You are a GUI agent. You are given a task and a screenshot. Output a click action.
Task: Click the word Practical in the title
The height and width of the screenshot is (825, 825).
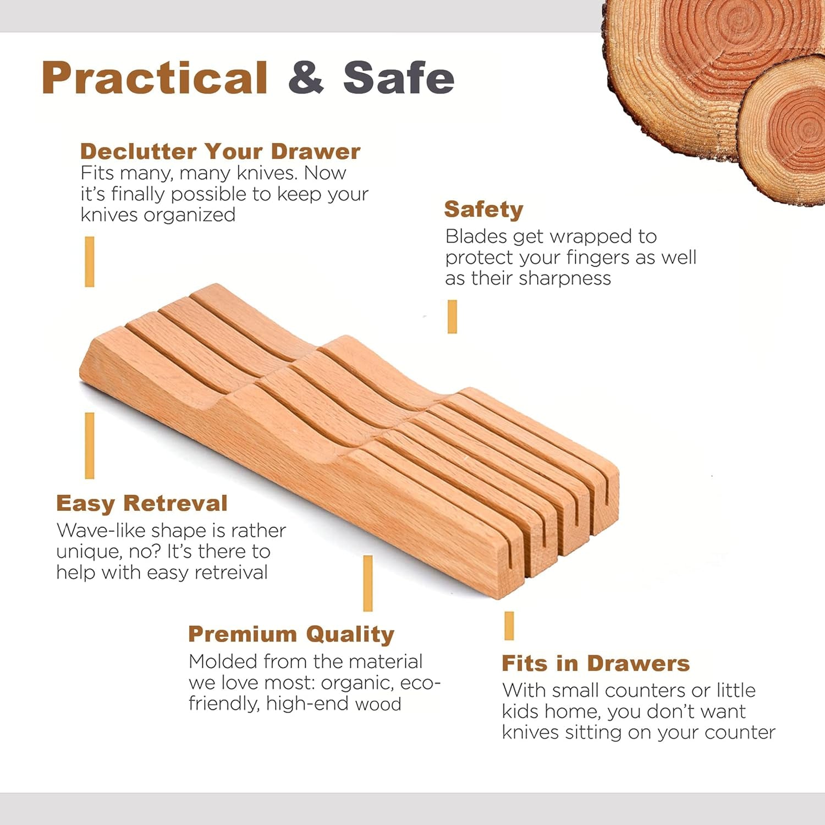155,78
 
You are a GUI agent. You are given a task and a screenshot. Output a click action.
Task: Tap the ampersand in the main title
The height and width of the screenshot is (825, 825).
306,78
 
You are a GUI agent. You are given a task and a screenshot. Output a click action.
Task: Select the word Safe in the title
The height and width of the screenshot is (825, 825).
399,78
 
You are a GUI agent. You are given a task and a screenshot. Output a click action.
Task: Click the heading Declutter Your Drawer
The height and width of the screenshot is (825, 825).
220,151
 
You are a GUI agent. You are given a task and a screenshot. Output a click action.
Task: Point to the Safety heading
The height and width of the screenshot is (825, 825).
483,210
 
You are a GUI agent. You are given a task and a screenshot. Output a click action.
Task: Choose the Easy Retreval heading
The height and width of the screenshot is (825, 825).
142,503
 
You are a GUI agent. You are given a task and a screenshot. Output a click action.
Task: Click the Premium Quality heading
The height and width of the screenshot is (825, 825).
291,634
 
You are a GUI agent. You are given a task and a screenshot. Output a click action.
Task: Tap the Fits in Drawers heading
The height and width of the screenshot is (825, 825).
596,663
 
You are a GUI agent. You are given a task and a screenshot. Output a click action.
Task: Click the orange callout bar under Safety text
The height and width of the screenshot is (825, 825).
452,317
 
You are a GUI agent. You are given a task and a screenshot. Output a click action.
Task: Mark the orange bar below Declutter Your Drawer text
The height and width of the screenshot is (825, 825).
90,262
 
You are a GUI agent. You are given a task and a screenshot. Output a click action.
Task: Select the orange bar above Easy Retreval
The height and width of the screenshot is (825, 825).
90,446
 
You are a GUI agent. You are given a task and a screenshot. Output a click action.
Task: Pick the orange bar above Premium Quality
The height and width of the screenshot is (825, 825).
368,583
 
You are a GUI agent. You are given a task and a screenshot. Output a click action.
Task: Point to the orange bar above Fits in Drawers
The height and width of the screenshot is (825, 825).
509,626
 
